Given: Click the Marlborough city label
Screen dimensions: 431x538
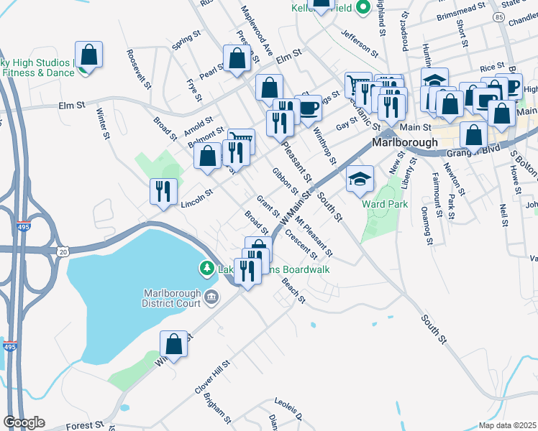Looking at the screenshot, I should point(405,142).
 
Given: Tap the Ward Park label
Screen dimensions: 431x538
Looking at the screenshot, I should point(385,204).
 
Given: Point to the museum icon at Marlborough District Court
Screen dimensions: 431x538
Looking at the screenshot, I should point(211,296).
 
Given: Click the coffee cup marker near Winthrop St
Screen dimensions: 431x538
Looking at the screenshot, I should point(308,108).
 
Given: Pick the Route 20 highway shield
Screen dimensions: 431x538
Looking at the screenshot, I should point(64,251).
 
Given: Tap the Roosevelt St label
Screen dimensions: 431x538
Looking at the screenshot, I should point(139,69).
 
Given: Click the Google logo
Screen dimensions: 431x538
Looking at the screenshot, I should point(24,422).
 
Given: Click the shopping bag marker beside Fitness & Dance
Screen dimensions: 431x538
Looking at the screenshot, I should point(88,55).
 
